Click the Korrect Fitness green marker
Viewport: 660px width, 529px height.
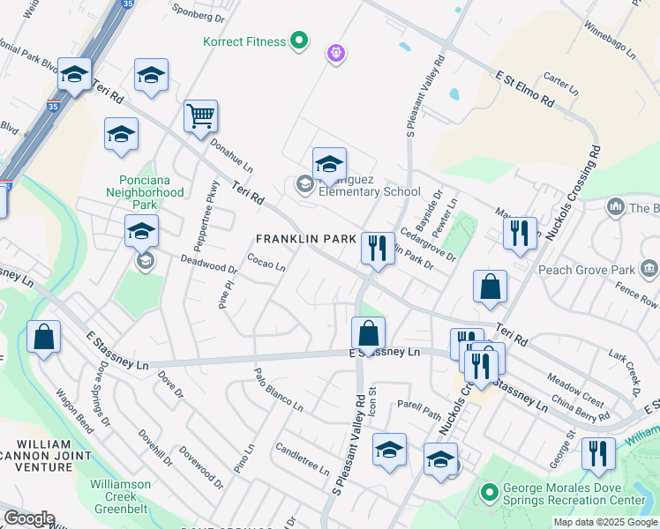[x=299, y=41]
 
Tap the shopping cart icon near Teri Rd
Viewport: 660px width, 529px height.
[x=200, y=115]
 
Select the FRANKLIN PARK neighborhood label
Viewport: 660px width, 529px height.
[x=305, y=239]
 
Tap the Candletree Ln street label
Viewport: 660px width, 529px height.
[x=302, y=458]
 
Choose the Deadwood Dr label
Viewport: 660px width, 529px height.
[x=209, y=264]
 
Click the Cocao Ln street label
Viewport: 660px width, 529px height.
[x=266, y=264]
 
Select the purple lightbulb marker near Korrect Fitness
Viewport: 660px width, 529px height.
[x=335, y=55]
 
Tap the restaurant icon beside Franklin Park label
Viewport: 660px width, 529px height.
[x=378, y=248]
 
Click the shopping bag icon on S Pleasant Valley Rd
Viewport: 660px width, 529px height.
[x=368, y=333]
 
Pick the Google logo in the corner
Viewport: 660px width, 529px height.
[x=29, y=518]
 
